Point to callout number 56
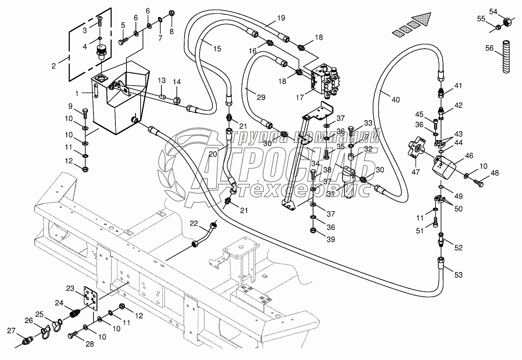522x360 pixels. (489, 48)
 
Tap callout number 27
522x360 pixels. (11, 331)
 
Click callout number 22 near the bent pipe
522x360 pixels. (194, 223)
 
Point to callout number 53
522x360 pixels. (458, 275)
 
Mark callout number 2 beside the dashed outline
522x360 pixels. (54, 65)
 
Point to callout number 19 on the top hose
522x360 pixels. (280, 18)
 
